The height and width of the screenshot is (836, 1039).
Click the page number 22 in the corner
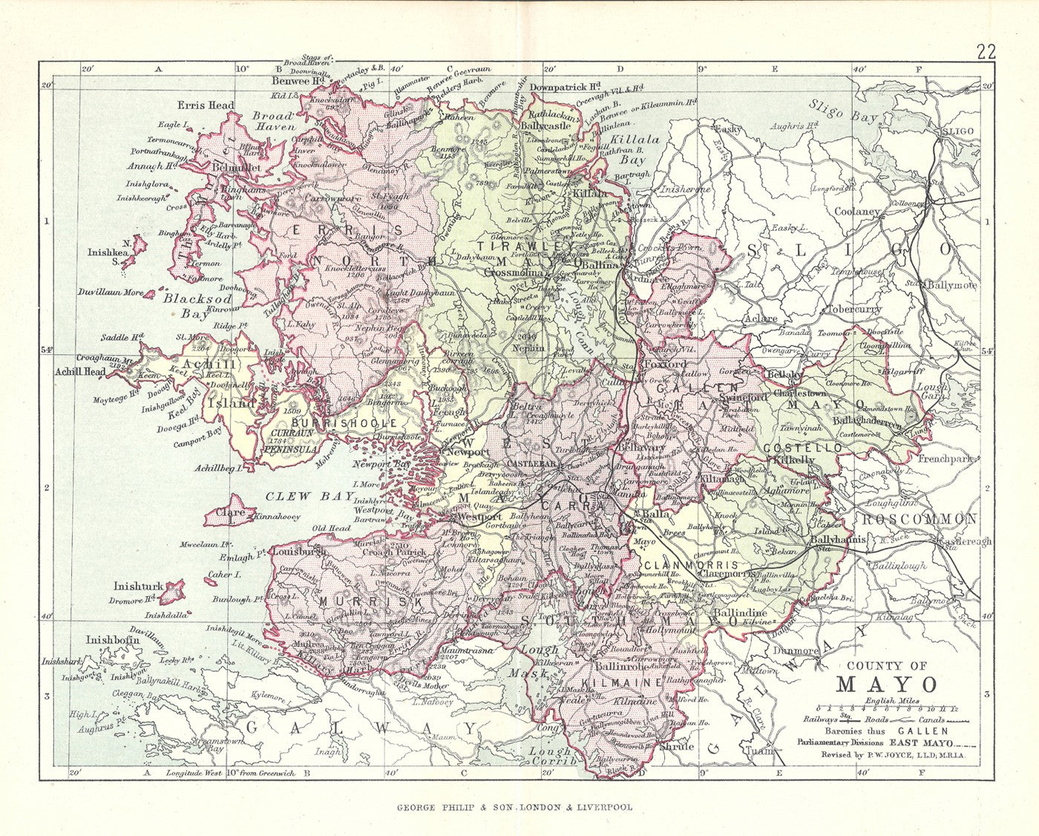pos(986,51)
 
